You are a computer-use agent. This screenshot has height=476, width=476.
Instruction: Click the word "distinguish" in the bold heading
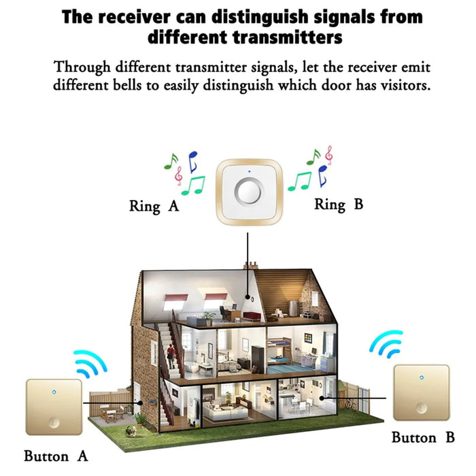pos(260,17)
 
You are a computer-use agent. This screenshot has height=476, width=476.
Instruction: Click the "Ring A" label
pos(154,207)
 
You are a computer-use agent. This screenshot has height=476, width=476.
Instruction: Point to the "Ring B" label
pos(339,204)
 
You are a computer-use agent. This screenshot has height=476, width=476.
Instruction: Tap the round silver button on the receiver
pos(248,192)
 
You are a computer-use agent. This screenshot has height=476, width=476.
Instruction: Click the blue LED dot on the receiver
pos(250,171)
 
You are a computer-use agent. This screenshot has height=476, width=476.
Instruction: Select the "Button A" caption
pos(56,456)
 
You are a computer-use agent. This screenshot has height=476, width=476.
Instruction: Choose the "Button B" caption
pos(423,437)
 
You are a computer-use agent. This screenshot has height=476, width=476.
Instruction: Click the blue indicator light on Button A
pos(54,392)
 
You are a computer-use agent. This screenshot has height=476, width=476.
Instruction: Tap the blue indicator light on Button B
pos(422,377)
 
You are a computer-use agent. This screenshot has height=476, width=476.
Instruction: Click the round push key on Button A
pos(54,422)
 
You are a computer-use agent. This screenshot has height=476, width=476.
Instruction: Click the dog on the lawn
pos(131,430)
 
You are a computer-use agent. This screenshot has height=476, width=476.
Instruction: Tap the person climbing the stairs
pos(171,354)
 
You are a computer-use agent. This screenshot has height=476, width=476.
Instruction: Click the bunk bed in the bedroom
pos(279,352)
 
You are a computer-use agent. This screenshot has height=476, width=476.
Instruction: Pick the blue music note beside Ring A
pos(192,162)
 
